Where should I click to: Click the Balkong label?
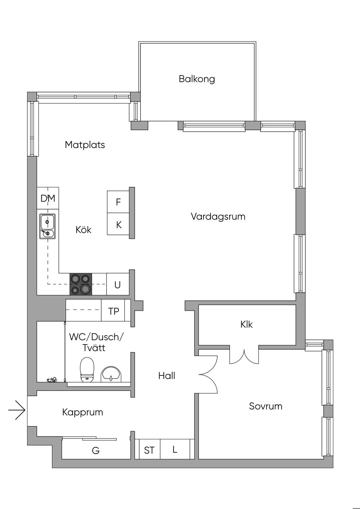pyautogui.click(x=197, y=79)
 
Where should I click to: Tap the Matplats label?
pyautogui.click(x=85, y=145)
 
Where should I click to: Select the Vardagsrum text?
pyautogui.click(x=218, y=217)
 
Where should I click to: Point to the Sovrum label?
pyautogui.click(x=265, y=406)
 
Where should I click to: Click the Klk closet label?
pyautogui.click(x=246, y=324)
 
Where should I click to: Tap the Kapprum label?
pyautogui.click(x=83, y=412)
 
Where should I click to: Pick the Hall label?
pyautogui.click(x=167, y=376)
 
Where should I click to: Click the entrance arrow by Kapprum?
pyautogui.click(x=17, y=410)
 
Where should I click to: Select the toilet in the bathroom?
pyautogui.click(x=87, y=369)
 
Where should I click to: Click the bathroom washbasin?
pyautogui.click(x=111, y=374)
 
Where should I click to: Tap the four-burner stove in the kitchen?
pyautogui.click(x=81, y=284)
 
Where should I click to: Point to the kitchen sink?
pyautogui.click(x=47, y=226)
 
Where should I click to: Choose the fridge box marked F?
pyautogui.click(x=118, y=202)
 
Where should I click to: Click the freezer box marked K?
pyautogui.click(x=118, y=224)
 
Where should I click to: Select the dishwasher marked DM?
pyautogui.click(x=48, y=198)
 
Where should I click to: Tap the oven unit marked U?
pyautogui.click(x=118, y=284)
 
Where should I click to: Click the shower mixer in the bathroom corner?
pyautogui.click(x=52, y=379)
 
